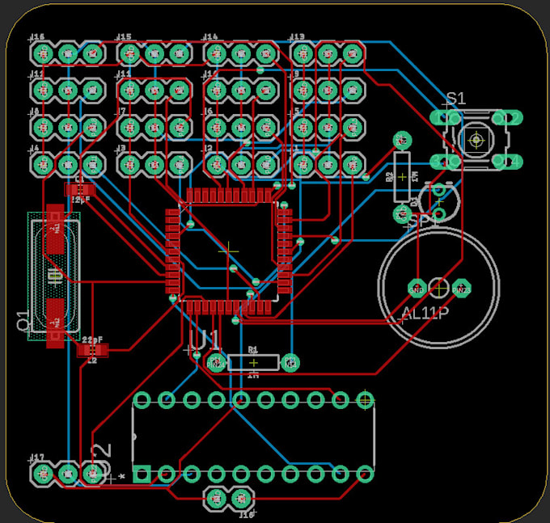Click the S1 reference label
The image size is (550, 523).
(x=456, y=98)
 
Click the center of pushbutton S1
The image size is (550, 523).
(x=476, y=140)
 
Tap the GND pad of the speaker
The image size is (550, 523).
(x=417, y=288)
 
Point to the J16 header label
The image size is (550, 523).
(x=37, y=37)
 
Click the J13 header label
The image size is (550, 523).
(x=297, y=37)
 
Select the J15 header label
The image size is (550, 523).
(x=124, y=37)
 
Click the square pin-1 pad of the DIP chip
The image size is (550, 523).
(x=141, y=474)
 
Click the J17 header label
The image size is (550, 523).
(x=37, y=458)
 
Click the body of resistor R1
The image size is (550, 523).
(x=253, y=362)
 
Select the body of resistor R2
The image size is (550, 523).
(x=402, y=175)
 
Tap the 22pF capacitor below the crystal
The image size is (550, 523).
(x=91, y=350)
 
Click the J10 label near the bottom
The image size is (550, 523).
(x=247, y=513)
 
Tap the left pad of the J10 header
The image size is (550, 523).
(x=216, y=499)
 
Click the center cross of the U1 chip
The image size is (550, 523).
(x=228, y=249)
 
